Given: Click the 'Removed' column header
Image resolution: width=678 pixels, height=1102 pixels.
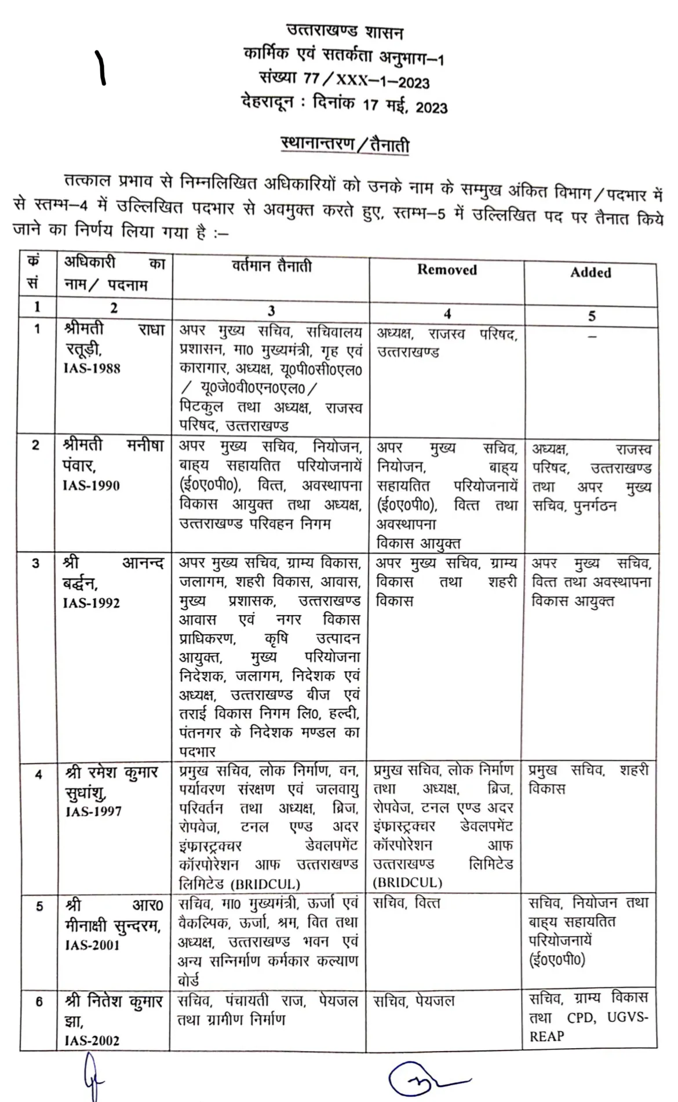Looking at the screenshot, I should [x=447, y=270].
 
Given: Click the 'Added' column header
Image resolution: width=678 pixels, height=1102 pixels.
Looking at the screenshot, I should [x=590, y=272].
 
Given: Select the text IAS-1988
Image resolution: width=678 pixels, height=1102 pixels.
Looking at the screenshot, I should [x=92, y=368].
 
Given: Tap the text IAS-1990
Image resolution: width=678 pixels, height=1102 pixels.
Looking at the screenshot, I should [x=91, y=485].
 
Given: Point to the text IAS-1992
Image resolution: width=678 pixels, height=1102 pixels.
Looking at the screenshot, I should [x=92, y=603].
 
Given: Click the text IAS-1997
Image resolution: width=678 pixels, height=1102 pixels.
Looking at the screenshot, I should [x=93, y=811].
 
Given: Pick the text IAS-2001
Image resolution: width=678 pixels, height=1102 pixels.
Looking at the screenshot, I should [x=92, y=945].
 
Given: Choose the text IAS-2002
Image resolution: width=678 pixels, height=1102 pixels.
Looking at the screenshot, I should [x=92, y=1040].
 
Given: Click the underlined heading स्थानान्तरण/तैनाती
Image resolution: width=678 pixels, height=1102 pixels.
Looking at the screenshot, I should [x=345, y=144].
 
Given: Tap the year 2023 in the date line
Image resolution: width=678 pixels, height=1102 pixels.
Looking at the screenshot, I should [x=432, y=108].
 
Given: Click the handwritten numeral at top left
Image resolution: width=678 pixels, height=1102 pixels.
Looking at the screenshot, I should [x=100, y=67].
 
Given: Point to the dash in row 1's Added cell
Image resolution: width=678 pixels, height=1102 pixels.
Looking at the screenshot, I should [x=592, y=336].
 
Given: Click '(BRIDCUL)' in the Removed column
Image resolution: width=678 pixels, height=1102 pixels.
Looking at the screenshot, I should [x=407, y=883].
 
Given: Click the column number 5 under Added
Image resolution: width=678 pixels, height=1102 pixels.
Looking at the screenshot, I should [x=592, y=316].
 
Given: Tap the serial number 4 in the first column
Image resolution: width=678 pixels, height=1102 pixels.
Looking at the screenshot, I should [x=38, y=774].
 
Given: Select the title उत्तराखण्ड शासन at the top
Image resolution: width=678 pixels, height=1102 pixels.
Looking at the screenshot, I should [x=344, y=32].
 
